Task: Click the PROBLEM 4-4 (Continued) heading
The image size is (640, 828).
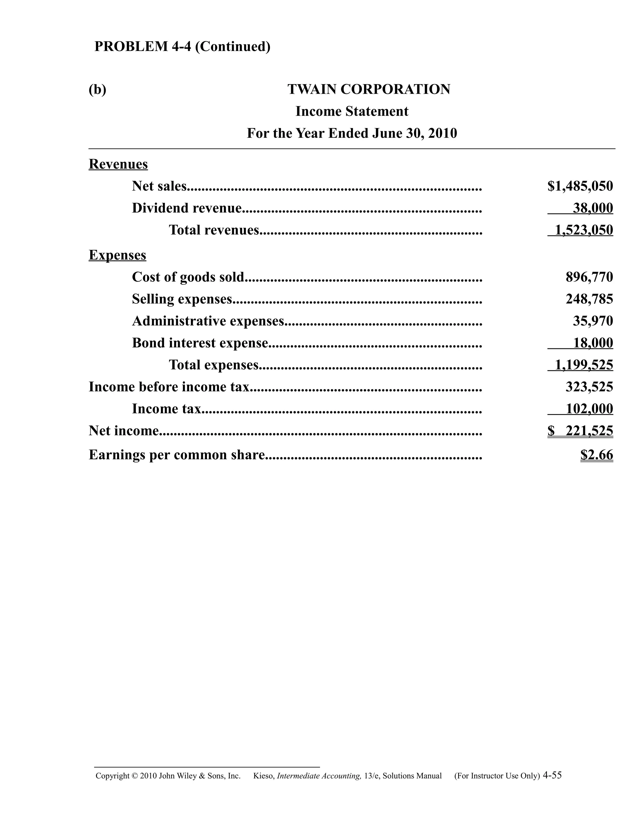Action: (x=182, y=47)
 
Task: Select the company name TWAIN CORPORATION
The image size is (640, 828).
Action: (x=368, y=89)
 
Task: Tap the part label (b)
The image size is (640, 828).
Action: (x=97, y=90)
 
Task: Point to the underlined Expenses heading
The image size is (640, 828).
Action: (x=117, y=255)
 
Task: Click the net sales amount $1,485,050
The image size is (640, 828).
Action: (x=580, y=186)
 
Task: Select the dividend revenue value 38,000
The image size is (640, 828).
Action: (x=592, y=208)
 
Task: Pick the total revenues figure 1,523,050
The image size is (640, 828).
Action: (x=583, y=230)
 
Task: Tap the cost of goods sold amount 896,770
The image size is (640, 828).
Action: (x=589, y=277)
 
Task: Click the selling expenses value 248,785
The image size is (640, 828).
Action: (x=589, y=299)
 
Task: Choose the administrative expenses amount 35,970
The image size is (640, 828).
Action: (x=592, y=321)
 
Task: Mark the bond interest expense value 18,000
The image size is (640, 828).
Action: (x=592, y=343)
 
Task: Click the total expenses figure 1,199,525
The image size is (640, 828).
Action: (x=583, y=365)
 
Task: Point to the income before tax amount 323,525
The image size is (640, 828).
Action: (x=589, y=387)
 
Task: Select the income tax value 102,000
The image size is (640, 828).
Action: (x=589, y=409)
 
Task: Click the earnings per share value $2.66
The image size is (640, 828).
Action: (x=596, y=455)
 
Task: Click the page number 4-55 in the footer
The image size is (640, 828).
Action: (x=552, y=775)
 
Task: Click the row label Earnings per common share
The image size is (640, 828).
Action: (x=177, y=455)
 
